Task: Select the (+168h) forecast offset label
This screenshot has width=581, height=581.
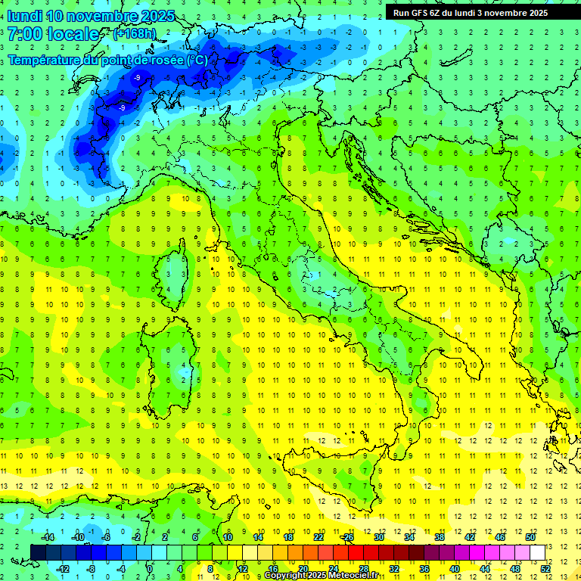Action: pos(135,34)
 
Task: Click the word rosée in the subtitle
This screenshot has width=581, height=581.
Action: pos(160,60)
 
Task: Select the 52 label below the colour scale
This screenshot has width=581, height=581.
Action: pos(545,569)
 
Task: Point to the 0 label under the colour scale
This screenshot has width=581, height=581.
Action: pos(150,569)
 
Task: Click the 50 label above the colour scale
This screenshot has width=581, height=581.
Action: pos(530,537)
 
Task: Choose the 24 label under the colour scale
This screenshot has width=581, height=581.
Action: pos(333,569)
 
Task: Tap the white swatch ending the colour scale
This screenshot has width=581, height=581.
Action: pos(537,553)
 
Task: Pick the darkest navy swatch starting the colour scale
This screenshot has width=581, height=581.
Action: pos(38,553)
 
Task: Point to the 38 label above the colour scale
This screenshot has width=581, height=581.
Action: pos(439,537)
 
